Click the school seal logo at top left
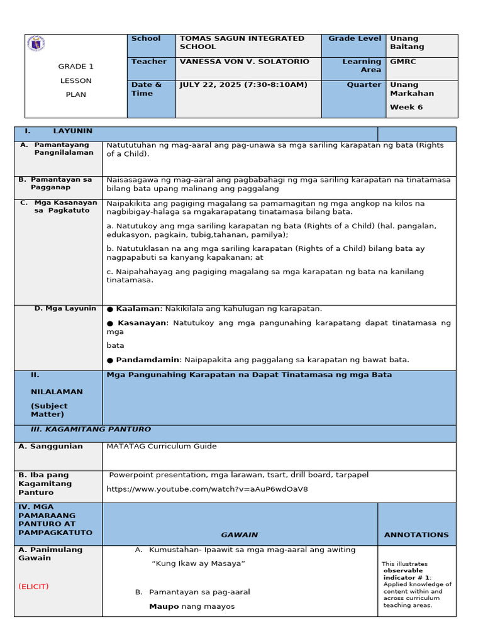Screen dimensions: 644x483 pyautogui.click(x=36, y=45)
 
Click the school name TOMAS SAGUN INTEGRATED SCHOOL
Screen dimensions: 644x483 pyautogui.click(x=241, y=43)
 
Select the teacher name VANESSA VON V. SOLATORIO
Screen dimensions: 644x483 pyautogui.click(x=244, y=62)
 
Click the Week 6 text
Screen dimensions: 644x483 pyautogui.click(x=402, y=107)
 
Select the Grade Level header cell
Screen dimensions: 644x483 pyautogui.click(x=354, y=39)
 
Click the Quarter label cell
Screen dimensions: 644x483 pyautogui.click(x=364, y=85)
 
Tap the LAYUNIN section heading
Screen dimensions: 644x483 pyautogui.click(x=72, y=131)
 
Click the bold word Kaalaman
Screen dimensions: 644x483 pyautogui.click(x=138, y=309)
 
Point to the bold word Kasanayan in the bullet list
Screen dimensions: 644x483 pyautogui.click(x=142, y=323)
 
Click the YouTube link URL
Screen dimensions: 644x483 pyautogui.click(x=207, y=489)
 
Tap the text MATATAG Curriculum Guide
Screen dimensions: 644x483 pyautogui.click(x=162, y=447)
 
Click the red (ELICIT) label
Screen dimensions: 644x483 pyautogui.click(x=34, y=586)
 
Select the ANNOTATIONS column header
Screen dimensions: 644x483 pyautogui.click(x=416, y=535)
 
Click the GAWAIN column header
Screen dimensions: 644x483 pyautogui.click(x=239, y=535)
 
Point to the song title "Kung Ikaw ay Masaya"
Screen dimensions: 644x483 pyautogui.click(x=198, y=563)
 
